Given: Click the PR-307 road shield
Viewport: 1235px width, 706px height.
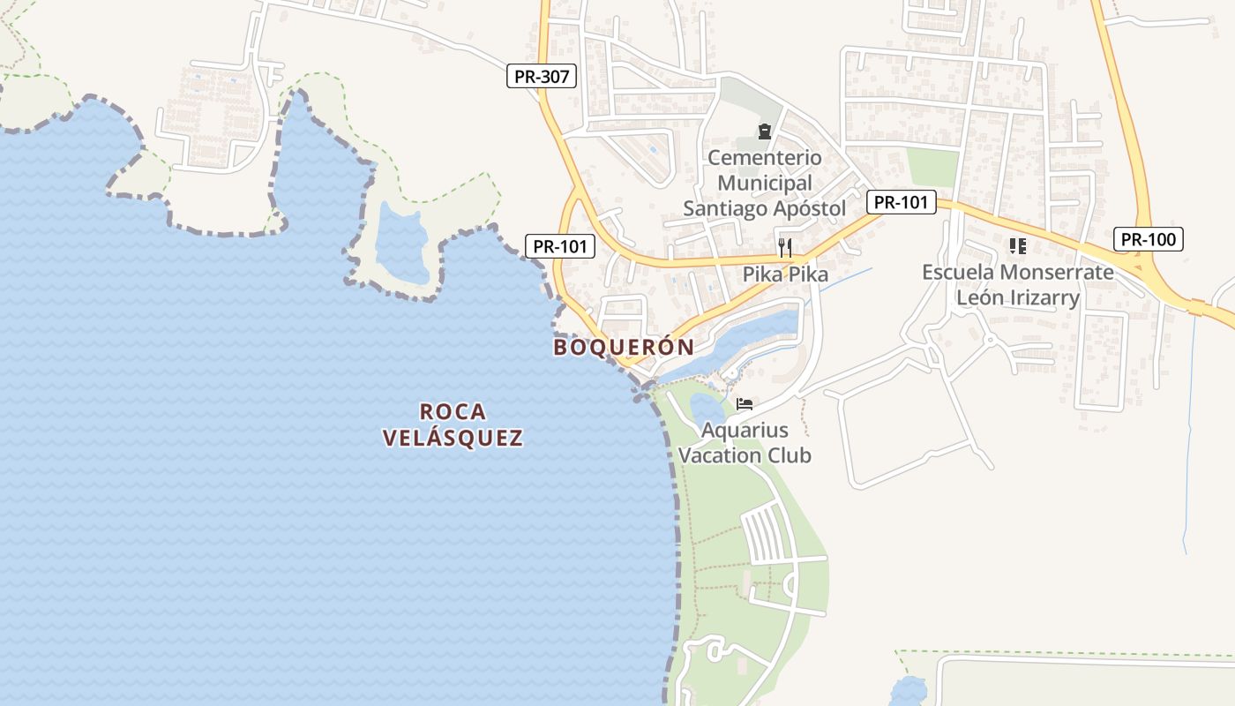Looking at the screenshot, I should point(543,77).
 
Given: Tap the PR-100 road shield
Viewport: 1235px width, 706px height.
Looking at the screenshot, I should point(1148,239).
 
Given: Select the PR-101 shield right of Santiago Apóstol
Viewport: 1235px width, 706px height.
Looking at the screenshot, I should point(901,202).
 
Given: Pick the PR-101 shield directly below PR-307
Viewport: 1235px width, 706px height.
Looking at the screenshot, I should point(560,246).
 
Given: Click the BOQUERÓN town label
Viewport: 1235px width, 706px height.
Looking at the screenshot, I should point(624,347).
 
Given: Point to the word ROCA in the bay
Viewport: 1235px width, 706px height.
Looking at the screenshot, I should point(453,411).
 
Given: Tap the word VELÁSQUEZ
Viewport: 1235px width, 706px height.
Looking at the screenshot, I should point(453,438).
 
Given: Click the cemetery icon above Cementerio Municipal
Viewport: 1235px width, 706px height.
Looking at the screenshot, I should point(764,132).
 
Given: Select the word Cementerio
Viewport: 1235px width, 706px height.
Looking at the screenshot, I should point(764,159).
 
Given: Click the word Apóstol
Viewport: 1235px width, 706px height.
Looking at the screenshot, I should point(807,209).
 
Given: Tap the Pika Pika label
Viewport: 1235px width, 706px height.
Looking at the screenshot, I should point(785,274).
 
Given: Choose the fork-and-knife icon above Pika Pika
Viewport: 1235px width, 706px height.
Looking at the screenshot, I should point(785,247).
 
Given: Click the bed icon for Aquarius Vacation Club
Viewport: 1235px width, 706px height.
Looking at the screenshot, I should point(745,404).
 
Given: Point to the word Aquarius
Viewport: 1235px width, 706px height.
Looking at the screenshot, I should point(745,431).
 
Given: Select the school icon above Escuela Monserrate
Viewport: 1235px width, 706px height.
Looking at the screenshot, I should point(1018,245).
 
